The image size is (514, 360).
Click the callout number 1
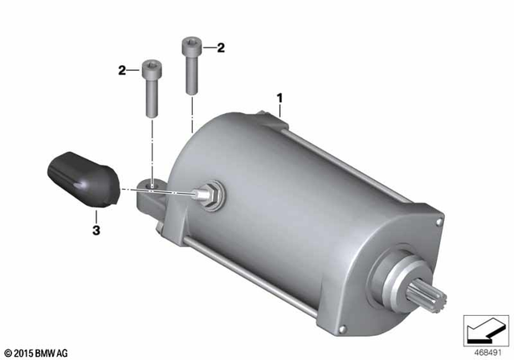coord(280,98)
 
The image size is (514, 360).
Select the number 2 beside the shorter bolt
coord(123,71)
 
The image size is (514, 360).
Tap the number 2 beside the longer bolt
coord(220,47)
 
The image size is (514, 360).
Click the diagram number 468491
coord(484,351)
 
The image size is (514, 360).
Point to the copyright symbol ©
coord(8,352)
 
